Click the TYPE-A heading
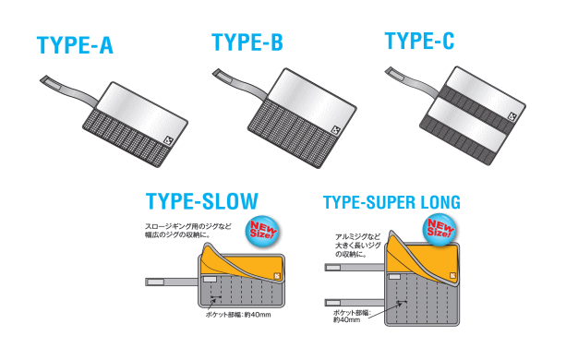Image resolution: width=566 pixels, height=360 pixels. pos(75,45)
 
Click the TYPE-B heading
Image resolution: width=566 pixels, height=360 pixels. pos(247,42)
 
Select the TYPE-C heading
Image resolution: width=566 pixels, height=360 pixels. pos(419,41)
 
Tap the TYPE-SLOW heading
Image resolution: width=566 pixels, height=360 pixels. pos(202,201)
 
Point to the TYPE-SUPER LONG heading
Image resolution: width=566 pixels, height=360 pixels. pos(391,202)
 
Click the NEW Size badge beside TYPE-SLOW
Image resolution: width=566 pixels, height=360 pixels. pos(262,231)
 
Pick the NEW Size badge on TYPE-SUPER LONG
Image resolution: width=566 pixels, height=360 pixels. pos(440,230)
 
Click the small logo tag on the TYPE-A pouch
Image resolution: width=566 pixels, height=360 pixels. pos(169,141)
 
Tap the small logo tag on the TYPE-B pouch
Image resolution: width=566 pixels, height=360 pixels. pos(336,130)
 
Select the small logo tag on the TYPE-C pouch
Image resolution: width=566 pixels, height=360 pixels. pos(513,116)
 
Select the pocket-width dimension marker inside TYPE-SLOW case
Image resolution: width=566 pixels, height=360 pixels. pos(216,297)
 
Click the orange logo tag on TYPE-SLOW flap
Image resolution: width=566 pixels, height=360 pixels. pos(277,276)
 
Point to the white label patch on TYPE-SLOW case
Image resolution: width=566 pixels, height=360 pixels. pos(211,280)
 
